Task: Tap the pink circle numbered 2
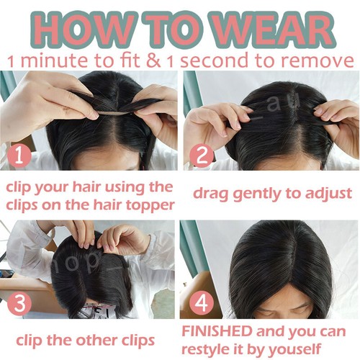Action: coord(202,155)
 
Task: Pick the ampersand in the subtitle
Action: coord(156,60)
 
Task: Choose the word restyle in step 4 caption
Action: coord(210,349)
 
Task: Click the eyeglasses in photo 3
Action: coord(97,312)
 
